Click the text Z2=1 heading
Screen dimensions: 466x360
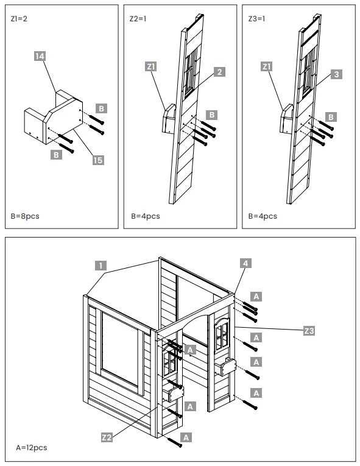pyautogui.click(x=138, y=19)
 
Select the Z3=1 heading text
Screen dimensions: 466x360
pyautogui.click(x=256, y=19)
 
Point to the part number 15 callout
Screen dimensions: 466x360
pyautogui.click(x=97, y=160)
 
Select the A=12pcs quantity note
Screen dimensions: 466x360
pyautogui.click(x=31, y=448)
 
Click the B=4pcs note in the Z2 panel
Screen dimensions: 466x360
pyautogui.click(x=144, y=216)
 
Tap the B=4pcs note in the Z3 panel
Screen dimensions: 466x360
pyautogui.click(x=263, y=216)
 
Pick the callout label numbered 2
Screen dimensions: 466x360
pyautogui.click(x=220, y=72)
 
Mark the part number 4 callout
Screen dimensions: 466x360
pyautogui.click(x=245, y=263)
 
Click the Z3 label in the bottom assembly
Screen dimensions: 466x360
pyautogui.click(x=309, y=331)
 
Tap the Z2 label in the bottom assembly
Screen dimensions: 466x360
pyautogui.click(x=107, y=437)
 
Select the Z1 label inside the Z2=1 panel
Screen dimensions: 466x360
pyautogui.click(x=152, y=66)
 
